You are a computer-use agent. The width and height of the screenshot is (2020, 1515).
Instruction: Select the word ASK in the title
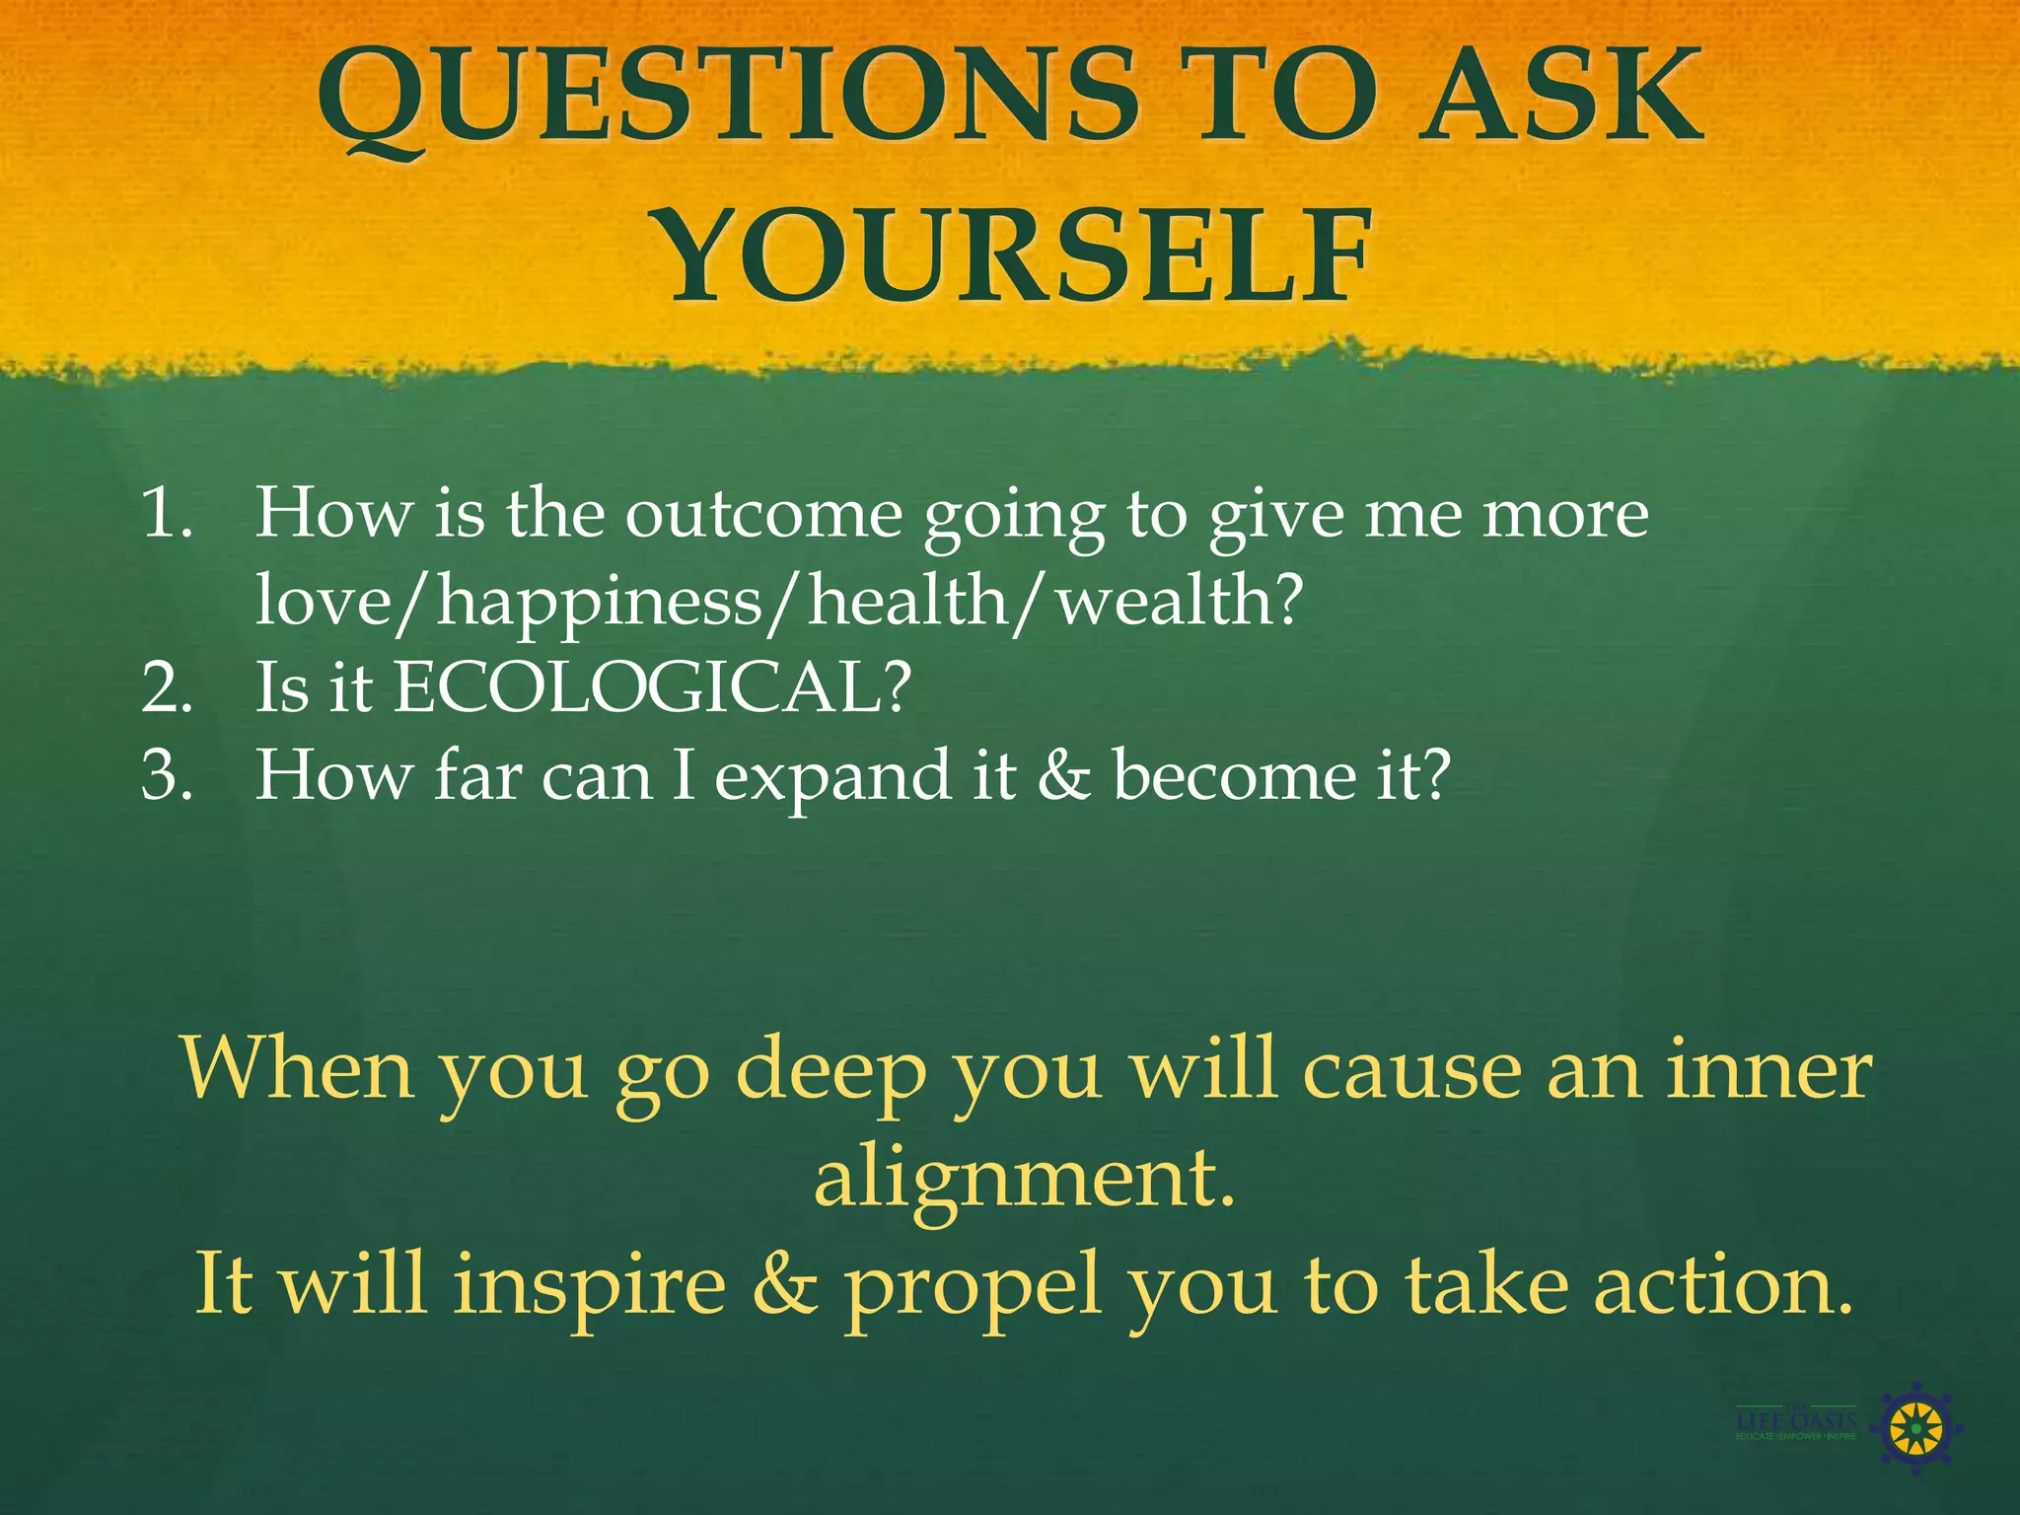pyautogui.click(x=1564, y=99)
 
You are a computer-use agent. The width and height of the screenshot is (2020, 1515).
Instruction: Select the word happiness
pyautogui.click(x=600, y=602)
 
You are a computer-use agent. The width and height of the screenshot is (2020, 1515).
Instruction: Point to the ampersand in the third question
pyautogui.click(x=1063, y=774)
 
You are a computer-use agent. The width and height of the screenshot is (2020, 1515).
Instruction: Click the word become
pyautogui.click(x=1233, y=774)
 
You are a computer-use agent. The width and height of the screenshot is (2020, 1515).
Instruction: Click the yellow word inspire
pyautogui.click(x=589, y=1287)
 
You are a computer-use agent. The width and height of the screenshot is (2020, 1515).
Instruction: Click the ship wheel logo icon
pyautogui.click(x=1914, y=1428)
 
